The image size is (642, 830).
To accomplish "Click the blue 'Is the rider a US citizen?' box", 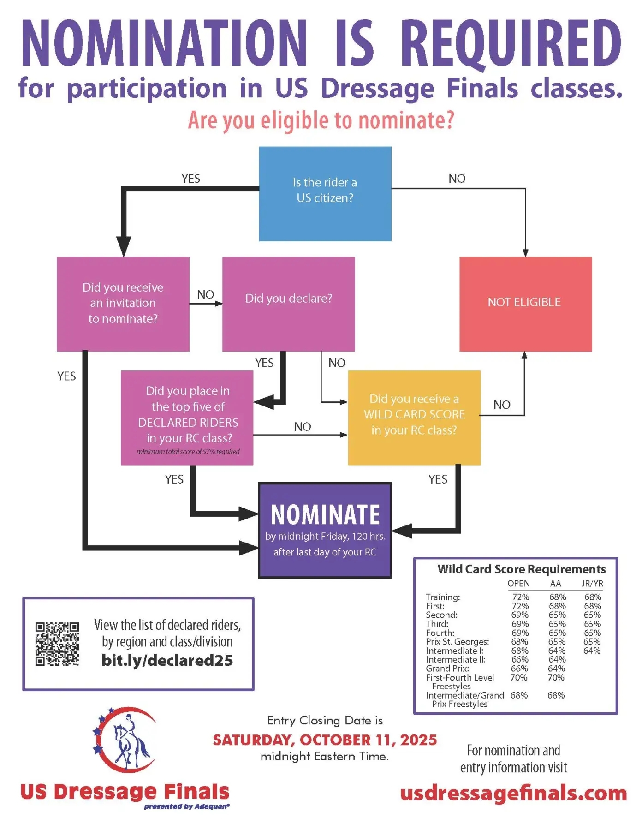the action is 325,194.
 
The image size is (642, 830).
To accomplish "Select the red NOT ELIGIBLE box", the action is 526,304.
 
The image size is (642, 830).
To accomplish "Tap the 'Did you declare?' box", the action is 289,304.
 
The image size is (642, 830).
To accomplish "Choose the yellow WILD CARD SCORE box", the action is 414,418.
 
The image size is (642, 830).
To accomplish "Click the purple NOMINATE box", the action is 325,530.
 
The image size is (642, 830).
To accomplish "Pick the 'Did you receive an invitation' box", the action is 123,304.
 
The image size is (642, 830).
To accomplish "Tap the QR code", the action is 57,644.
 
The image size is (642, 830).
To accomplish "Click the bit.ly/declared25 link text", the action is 167,660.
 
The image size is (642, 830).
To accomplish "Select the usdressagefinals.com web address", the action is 514,793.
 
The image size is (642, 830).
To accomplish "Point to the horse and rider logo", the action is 125,740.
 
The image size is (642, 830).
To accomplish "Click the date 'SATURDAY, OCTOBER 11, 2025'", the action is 325,740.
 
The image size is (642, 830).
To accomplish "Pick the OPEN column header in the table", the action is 519,584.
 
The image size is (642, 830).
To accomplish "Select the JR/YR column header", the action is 592,584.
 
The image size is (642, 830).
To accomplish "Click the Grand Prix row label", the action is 447,669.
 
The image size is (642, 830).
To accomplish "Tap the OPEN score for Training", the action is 521,597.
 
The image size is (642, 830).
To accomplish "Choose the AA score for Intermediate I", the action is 557,651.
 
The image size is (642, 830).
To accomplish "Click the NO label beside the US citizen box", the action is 457,179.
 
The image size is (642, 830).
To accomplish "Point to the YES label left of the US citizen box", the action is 191,179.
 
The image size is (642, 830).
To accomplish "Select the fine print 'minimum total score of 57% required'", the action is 188,452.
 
